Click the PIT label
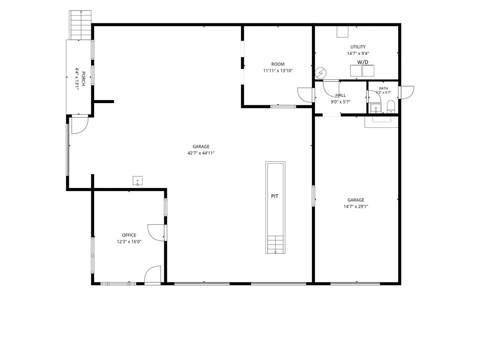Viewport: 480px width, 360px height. point(275,196)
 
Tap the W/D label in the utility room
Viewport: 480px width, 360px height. point(363,62)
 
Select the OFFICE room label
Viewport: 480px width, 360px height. point(129,235)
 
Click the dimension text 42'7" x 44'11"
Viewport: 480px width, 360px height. point(201,153)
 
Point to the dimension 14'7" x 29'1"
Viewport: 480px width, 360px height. point(356,206)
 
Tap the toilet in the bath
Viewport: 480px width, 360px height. point(391,107)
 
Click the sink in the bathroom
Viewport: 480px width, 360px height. point(376,108)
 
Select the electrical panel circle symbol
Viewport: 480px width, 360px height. point(321,73)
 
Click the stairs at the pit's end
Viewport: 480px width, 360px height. point(275,244)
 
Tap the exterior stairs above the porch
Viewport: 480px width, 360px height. point(80,25)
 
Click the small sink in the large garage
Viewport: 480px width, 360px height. point(137,181)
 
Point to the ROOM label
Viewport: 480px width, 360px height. point(278,64)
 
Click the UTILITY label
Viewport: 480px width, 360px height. point(358,47)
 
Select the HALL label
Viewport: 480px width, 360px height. point(341,95)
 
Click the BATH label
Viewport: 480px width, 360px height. point(383,88)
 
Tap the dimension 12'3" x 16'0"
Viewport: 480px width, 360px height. point(129,242)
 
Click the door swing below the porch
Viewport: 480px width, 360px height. point(80,126)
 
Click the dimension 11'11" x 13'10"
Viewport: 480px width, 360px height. point(278,71)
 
